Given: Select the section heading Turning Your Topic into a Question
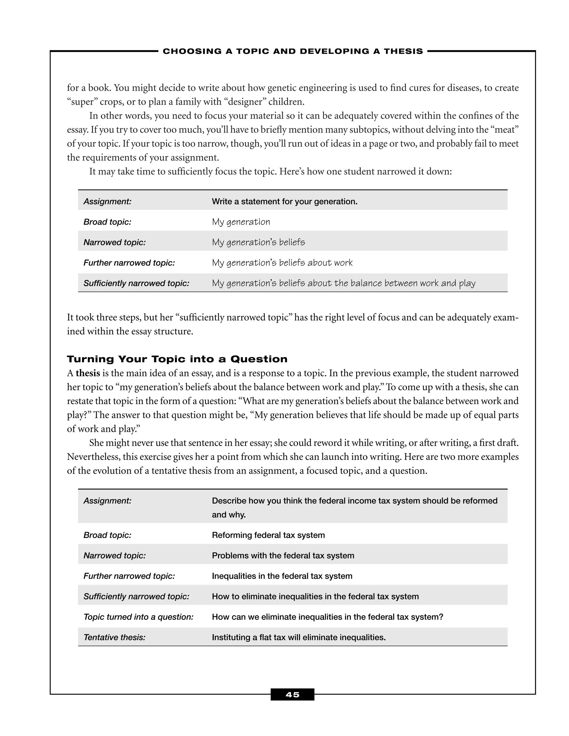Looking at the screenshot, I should tap(177, 359).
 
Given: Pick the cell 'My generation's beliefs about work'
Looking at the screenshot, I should tap(282, 262).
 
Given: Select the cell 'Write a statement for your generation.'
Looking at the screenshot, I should tap(284, 202).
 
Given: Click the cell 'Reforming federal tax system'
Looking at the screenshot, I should tap(268, 535).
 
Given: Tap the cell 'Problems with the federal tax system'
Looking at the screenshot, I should tap(283, 555).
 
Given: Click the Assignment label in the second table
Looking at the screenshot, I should tap(107, 501).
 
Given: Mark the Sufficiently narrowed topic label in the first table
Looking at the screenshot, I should tap(136, 283).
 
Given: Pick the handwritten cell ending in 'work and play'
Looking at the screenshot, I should tap(343, 283).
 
